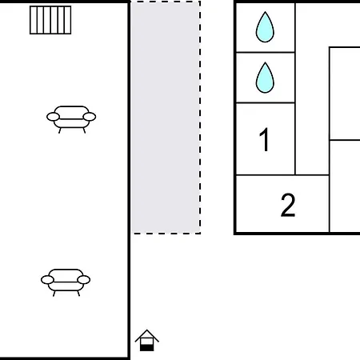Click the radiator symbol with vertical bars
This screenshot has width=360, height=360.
[x=50, y=20]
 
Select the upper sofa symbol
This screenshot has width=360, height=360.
[x=71, y=119]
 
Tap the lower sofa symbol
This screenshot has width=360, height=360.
[x=66, y=282]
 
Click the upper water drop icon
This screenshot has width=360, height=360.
[x=265, y=27]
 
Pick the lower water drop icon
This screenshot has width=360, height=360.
[x=265, y=78]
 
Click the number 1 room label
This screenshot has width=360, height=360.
[x=264, y=139]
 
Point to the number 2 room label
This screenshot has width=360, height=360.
[x=288, y=205]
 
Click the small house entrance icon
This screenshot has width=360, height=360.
[x=146, y=340]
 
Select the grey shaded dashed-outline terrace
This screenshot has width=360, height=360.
[x=166, y=118]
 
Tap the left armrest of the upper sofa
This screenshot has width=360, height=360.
[x=53, y=117]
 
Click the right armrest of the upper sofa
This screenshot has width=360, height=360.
[x=90, y=117]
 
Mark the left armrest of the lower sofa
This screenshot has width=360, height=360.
[x=47, y=280]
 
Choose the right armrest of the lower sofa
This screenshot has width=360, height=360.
[x=84, y=280]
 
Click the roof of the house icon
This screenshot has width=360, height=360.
[x=146, y=335]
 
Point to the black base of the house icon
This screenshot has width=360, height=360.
[x=146, y=348]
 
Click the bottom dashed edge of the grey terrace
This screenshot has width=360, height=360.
[x=166, y=234]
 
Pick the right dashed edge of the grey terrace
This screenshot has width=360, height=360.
[x=200, y=118]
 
